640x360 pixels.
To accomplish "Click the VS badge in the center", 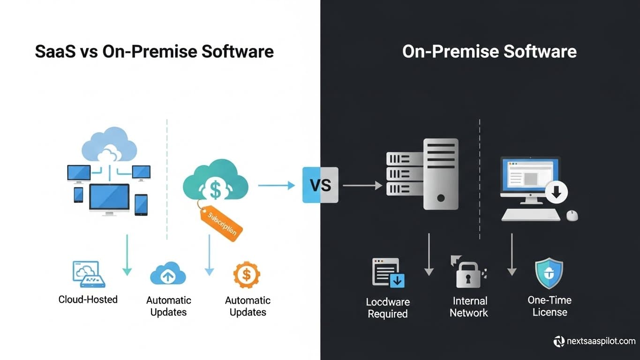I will coord(320,185).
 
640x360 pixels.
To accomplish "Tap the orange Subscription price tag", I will coord(221,223).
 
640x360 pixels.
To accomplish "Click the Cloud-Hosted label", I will coord(88,299).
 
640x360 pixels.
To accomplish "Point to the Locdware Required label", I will coord(387,308).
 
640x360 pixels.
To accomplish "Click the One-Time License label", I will coord(550,306).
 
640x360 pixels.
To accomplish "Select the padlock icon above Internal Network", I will coord(468,274).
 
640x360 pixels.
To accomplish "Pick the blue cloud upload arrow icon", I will coord(168,274).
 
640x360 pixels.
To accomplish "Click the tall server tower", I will coord(440,173).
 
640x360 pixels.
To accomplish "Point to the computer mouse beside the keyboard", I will coord(572,215).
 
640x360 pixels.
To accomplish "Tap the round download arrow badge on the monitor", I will coord(557,192).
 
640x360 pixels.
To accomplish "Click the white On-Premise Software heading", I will coord(489,51).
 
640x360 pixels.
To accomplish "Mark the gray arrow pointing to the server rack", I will coord(362,186).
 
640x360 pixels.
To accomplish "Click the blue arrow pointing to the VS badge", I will coord(276,186).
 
